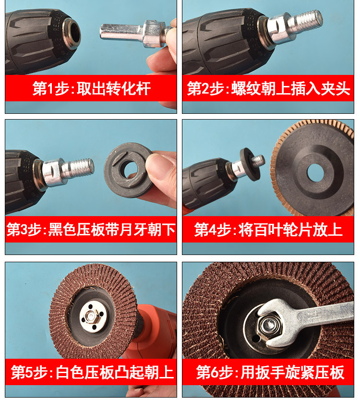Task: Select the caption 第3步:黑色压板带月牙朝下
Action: tap(91, 229)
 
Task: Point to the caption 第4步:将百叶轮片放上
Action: tap(268, 229)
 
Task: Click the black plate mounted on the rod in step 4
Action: tap(250, 164)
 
